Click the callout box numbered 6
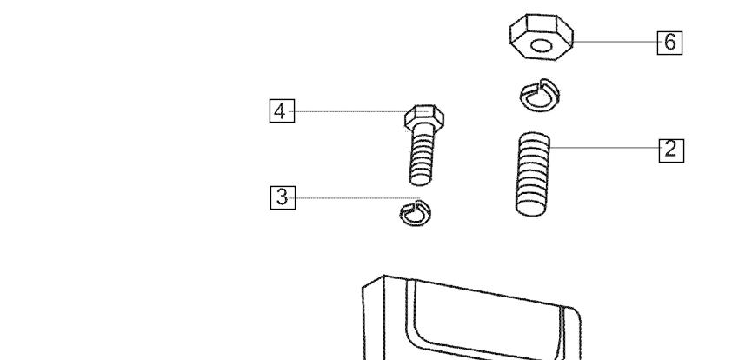point(669,43)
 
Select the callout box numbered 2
point(671,150)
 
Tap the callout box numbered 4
point(282,111)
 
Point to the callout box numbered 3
point(283,197)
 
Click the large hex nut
point(541,37)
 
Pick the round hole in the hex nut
point(541,46)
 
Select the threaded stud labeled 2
point(533,174)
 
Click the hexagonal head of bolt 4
point(424,117)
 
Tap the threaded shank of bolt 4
point(421,157)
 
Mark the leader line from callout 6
point(616,42)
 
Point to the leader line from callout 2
point(604,148)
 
